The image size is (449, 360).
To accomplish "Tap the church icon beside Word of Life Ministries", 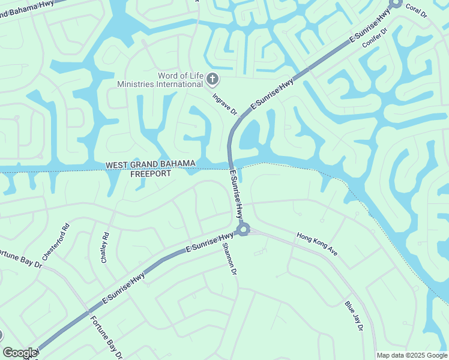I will [x=212, y=79].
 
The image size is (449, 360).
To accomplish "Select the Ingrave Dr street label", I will [x=225, y=103].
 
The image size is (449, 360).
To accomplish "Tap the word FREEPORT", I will [x=151, y=174].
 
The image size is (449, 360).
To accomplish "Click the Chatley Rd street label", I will [x=105, y=247].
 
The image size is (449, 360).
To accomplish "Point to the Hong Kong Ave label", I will [x=317, y=244].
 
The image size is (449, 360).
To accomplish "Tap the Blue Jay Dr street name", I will [x=354, y=316].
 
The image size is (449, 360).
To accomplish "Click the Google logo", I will [x=20, y=353].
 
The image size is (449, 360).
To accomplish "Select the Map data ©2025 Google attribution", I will [x=411, y=355].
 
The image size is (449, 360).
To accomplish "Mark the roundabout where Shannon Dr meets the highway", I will [x=243, y=229].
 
